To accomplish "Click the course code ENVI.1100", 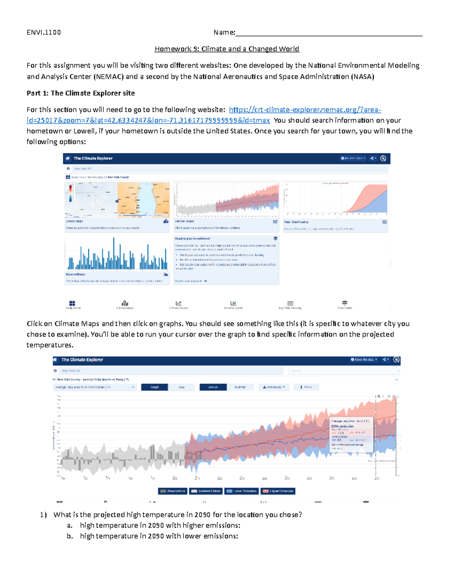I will [x=44, y=33].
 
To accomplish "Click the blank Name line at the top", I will [x=328, y=33].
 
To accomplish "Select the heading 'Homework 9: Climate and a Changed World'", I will [x=227, y=49].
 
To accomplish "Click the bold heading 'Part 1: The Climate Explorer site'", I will [x=81, y=93].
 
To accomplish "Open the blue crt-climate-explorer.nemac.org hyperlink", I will [x=305, y=110].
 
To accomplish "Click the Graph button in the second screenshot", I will [x=154, y=387].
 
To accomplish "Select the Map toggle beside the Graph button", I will [x=182, y=387].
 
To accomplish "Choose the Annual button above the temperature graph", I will [x=213, y=387].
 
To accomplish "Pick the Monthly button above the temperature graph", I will [x=240, y=387].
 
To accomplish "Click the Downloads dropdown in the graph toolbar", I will [x=274, y=387].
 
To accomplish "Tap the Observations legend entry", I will [x=173, y=491].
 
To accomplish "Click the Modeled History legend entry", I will [x=206, y=491].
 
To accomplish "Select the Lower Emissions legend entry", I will [x=241, y=491].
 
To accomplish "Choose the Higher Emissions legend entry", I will [x=278, y=491].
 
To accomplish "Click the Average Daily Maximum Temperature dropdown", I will [x=94, y=387].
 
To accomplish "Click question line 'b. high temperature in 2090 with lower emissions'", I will [x=159, y=536].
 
